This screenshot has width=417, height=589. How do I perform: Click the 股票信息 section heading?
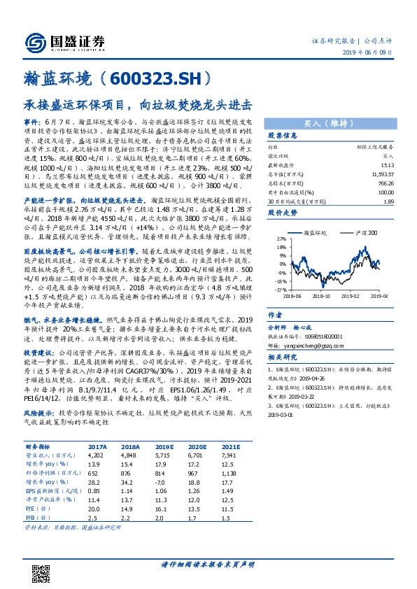point(283,136)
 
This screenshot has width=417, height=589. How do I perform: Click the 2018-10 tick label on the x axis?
point(320,297)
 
